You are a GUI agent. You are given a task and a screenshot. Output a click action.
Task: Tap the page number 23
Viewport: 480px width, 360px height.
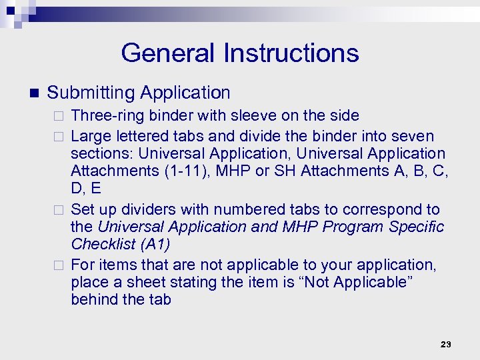pyautogui.click(x=446, y=344)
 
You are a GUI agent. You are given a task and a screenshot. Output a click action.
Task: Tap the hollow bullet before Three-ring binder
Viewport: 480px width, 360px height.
pyautogui.click(x=59, y=117)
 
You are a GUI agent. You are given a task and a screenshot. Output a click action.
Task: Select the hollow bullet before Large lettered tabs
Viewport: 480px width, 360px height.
pyautogui.click(x=59, y=137)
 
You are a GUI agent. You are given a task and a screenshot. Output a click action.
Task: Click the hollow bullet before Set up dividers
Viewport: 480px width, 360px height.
pyautogui.click(x=59, y=210)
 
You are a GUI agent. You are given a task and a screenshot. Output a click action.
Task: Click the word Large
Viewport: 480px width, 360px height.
pyautogui.click(x=90, y=136)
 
